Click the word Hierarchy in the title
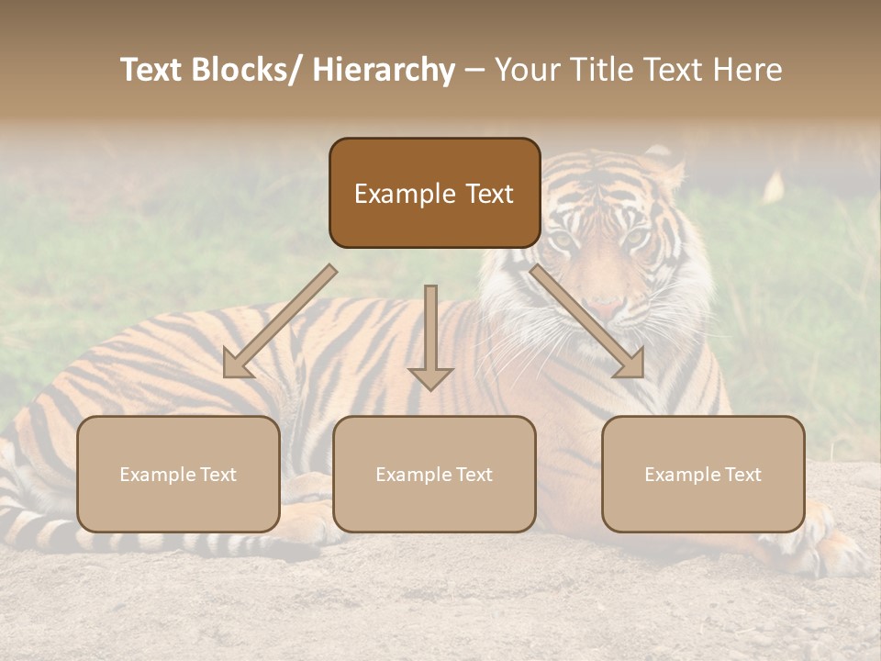click(384, 71)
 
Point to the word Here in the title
click(747, 71)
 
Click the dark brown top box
click(434, 193)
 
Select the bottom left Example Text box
click(178, 474)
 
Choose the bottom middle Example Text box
click(434, 474)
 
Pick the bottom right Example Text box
click(703, 474)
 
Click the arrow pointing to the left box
click(276, 324)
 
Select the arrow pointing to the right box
click(589, 323)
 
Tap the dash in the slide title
click(474, 71)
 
